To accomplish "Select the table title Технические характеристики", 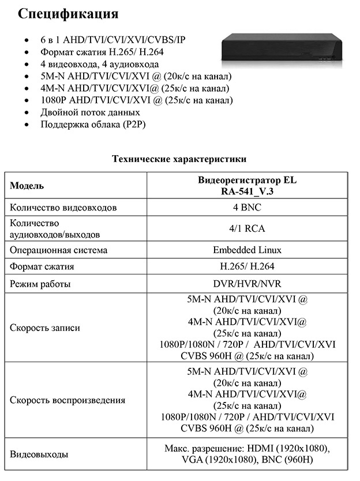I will coord(179,159).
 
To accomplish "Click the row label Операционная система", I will coord(58,250).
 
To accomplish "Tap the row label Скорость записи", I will coord(44,328).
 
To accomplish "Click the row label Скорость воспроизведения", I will coord(67,400).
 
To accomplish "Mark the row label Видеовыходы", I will coord(39,454).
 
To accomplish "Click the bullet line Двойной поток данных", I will coord(90,112).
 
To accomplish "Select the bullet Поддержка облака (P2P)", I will coord(93,125).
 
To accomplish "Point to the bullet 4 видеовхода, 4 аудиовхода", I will coord(99,64).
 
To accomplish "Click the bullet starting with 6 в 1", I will coord(113,40).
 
